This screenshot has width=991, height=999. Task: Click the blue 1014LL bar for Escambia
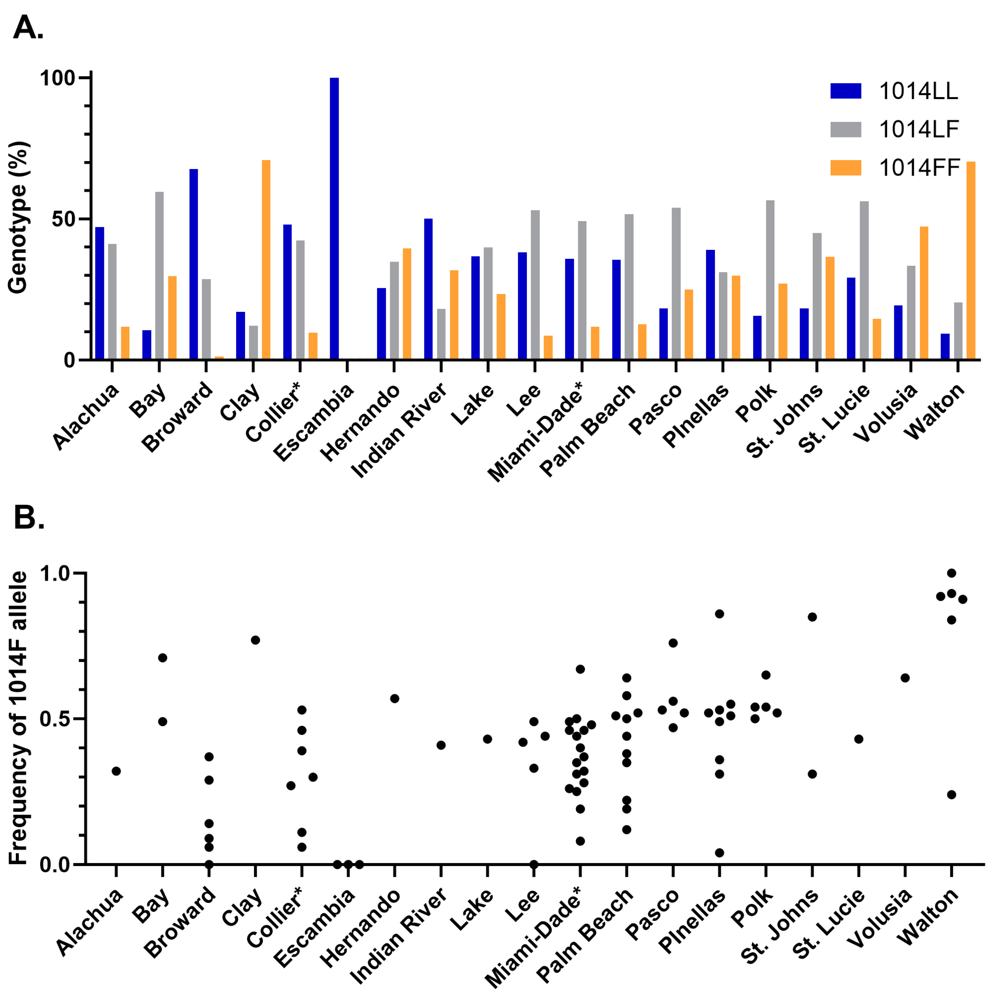coord(334,218)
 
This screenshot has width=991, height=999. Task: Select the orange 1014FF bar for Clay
coord(266,260)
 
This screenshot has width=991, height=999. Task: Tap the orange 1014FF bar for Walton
coord(970,260)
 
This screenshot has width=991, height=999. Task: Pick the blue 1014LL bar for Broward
coord(193,264)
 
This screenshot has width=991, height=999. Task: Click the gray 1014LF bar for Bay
coord(159,275)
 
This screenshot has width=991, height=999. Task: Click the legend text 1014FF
coord(919,168)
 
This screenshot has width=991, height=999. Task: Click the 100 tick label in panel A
coord(58,78)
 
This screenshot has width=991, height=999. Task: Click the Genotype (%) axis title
coord(19,217)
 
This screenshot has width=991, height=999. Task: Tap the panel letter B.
coord(29,517)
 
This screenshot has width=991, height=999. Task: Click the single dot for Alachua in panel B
coord(116,771)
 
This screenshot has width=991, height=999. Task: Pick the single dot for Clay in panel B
coord(255,640)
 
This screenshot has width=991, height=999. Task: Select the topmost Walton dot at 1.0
coord(951,573)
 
